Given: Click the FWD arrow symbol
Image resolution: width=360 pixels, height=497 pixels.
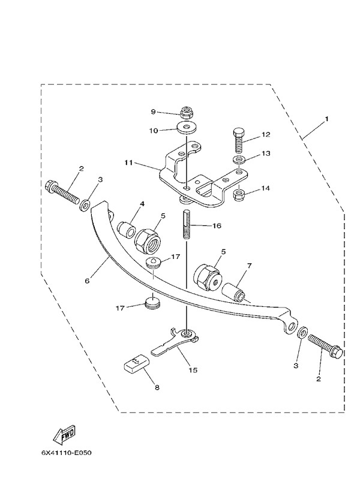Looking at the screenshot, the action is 64,434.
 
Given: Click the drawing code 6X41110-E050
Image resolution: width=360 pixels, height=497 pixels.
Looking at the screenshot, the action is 66,453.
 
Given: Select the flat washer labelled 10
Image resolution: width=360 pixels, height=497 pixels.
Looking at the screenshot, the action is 186,128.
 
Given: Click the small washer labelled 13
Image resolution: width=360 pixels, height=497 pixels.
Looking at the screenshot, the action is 239,159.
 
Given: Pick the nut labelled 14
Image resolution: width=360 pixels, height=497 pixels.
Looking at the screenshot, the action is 239,195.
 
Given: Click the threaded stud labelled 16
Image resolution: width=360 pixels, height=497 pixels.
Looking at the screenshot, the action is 187,224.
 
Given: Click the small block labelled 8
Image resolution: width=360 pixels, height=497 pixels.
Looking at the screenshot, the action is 136,363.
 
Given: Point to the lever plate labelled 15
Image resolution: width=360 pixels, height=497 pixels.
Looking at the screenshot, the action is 175,342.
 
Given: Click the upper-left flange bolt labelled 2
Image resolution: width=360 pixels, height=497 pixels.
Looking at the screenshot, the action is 63,192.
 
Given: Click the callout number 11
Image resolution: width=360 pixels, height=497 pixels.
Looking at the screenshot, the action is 128,162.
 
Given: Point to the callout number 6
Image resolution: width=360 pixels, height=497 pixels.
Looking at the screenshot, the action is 87,281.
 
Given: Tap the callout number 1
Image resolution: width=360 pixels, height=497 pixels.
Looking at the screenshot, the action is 326,119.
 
